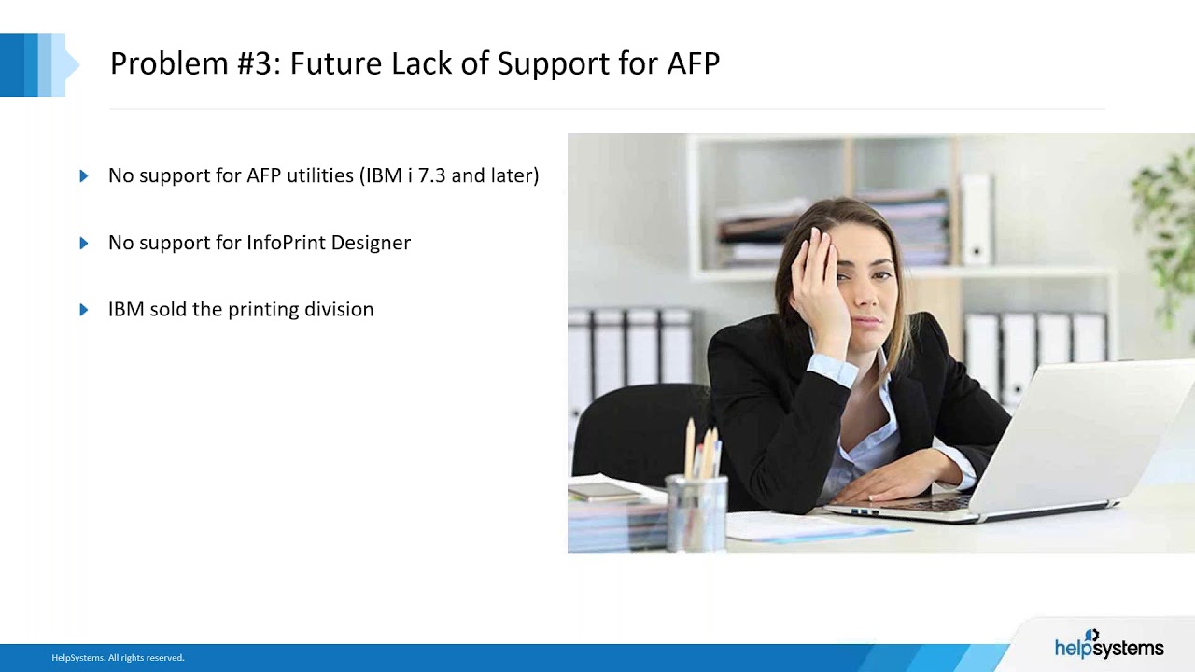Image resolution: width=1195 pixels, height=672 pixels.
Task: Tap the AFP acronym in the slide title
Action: tap(693, 63)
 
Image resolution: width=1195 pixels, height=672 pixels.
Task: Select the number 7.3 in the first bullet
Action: tap(431, 175)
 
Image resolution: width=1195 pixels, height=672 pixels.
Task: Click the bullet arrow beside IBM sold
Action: tap(84, 310)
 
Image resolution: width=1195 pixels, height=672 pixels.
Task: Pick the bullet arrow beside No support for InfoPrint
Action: tap(84, 243)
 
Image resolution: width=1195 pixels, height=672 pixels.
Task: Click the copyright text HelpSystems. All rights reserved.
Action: tap(118, 658)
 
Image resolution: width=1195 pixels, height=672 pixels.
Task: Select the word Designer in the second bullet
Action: tap(375, 243)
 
